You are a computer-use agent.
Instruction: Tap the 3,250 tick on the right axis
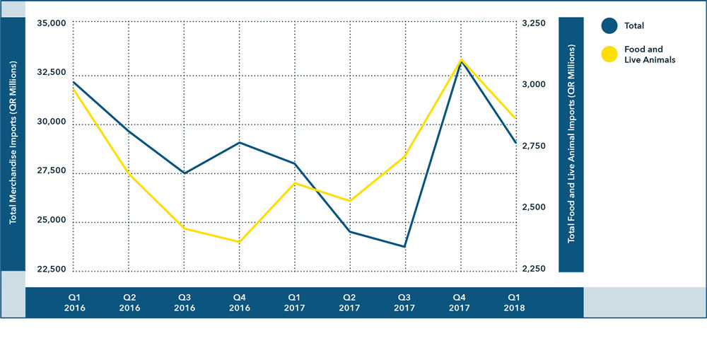pyautogui.click(x=534, y=23)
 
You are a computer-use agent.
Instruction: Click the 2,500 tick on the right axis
pyautogui.click(x=534, y=208)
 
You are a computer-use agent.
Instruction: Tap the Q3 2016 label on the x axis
pyautogui.click(x=185, y=303)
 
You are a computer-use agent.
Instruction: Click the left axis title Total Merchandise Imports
pyautogui.click(x=13, y=143)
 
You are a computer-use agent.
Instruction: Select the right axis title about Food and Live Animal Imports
pyautogui.click(x=571, y=144)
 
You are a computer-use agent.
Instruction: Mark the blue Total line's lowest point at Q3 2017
pyautogui.click(x=406, y=247)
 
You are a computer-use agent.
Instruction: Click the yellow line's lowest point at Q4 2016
pyautogui.click(x=240, y=242)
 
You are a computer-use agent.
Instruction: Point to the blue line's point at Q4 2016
pyautogui.click(x=240, y=143)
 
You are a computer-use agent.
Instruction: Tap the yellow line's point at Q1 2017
pyautogui.click(x=295, y=183)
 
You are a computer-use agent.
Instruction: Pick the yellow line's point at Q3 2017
pyautogui.click(x=406, y=156)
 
